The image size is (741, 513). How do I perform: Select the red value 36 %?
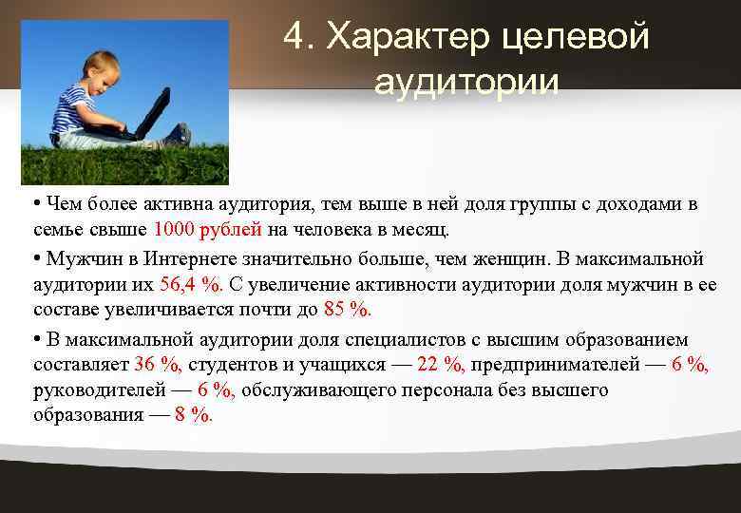coord(159,364)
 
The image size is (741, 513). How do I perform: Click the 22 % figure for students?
coord(441,364)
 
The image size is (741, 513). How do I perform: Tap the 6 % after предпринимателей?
coord(691,364)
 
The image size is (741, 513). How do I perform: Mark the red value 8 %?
coord(194,415)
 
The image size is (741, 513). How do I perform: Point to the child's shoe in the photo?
coord(178,135)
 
